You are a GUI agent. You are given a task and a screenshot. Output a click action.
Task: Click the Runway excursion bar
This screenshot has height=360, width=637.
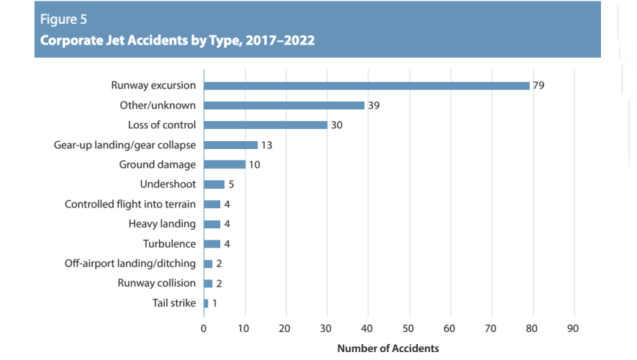click(x=366, y=86)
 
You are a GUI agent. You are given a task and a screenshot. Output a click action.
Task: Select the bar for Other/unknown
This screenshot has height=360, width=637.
click(x=284, y=105)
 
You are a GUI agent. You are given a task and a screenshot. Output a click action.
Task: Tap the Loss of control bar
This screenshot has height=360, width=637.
click(x=266, y=125)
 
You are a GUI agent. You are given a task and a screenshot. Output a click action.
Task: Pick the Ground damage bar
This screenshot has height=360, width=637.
click(x=225, y=165)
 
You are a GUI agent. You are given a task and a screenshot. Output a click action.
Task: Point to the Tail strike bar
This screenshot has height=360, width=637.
click(x=206, y=303)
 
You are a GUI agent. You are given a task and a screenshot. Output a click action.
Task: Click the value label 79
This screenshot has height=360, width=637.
click(x=538, y=86)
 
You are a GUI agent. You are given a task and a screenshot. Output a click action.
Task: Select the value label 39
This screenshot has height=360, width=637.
click(x=374, y=106)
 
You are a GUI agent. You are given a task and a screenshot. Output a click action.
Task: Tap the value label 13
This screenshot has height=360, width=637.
click(x=266, y=145)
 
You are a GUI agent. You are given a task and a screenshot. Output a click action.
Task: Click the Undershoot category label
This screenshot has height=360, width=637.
click(x=168, y=184)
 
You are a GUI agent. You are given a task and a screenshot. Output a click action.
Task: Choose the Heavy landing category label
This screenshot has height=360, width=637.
click(x=162, y=224)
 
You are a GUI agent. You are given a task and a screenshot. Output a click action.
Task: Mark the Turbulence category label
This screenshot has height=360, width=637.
click(x=169, y=244)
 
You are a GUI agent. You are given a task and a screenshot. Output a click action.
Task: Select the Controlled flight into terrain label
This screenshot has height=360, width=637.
click(x=130, y=204)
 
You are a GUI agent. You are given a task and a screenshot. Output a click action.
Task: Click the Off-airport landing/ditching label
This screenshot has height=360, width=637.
click(x=130, y=264)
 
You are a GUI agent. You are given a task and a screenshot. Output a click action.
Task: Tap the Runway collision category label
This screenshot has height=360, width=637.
click(x=156, y=283)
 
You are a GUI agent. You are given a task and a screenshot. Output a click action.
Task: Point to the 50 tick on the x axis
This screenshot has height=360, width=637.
click(x=410, y=328)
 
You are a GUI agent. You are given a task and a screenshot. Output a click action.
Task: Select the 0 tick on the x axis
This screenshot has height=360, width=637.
click(x=204, y=328)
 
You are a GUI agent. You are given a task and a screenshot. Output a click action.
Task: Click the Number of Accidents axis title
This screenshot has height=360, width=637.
click(x=388, y=348)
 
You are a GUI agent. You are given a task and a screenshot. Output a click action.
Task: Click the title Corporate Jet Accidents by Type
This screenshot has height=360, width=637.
click(x=177, y=40)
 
